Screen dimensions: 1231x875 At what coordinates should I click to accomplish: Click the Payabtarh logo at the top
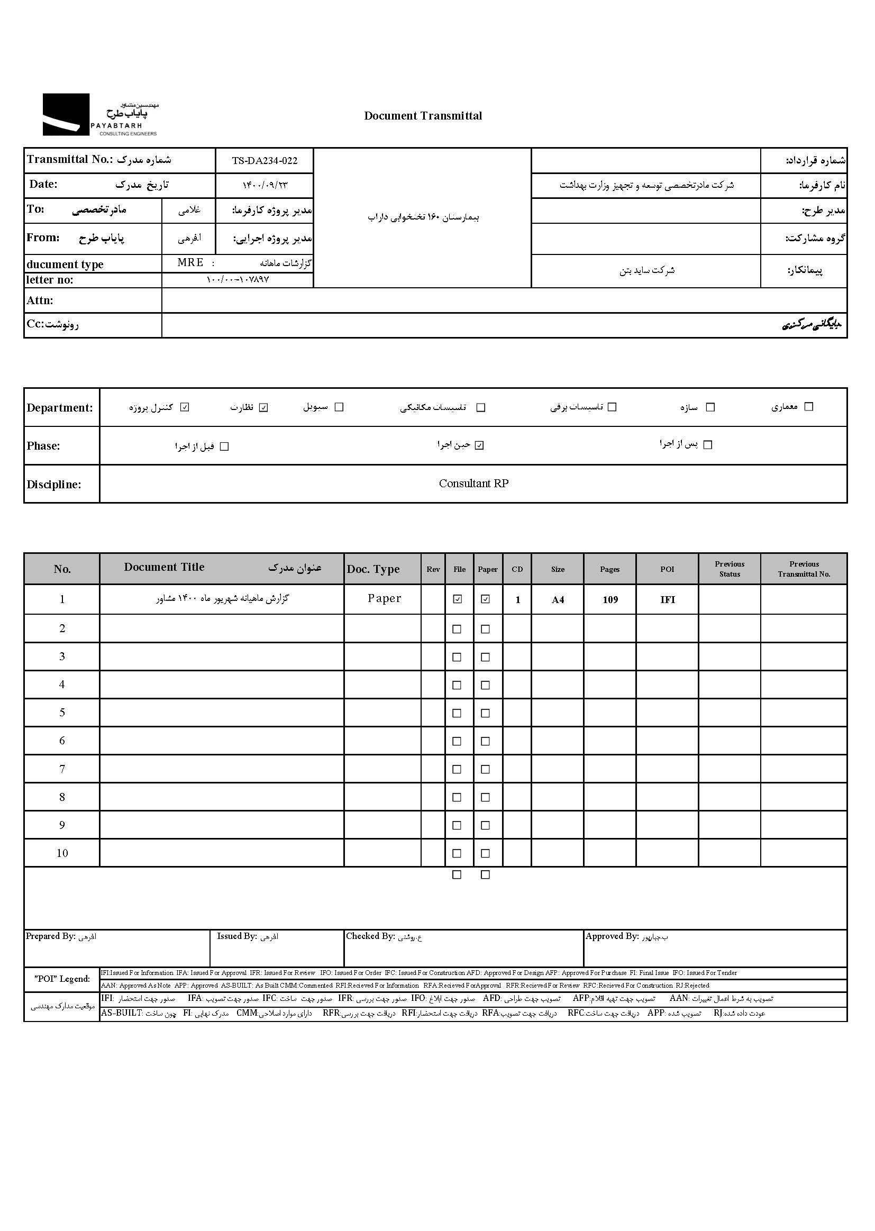(100, 114)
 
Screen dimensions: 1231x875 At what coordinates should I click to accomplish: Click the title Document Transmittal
(423, 116)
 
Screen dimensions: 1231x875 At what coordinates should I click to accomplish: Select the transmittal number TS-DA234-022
(265, 160)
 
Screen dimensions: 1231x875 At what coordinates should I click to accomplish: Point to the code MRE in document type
(190, 262)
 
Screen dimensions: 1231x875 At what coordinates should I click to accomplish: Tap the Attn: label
(40, 300)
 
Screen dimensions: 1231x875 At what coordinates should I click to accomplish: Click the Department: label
(60, 408)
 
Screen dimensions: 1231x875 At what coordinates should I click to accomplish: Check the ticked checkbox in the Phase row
(479, 445)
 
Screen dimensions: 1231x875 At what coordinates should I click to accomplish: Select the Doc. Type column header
(373, 569)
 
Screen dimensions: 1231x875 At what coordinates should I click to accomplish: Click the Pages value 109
(610, 600)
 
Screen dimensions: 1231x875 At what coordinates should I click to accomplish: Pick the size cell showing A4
(558, 600)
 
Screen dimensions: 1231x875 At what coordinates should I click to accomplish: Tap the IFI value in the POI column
(668, 600)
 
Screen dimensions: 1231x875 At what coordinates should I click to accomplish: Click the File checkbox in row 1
(458, 599)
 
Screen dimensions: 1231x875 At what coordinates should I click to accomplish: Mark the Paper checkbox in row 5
(486, 713)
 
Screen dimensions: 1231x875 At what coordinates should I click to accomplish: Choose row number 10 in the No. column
(62, 853)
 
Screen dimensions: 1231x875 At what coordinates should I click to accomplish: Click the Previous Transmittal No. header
(804, 569)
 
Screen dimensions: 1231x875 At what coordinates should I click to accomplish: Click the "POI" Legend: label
(62, 979)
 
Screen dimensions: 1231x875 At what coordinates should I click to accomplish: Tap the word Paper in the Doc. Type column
(384, 598)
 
